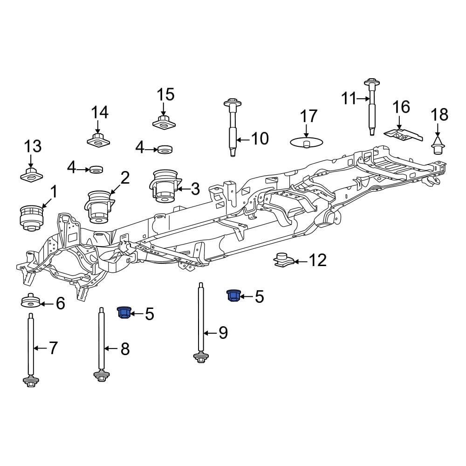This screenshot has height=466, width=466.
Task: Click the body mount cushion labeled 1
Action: pos(32,217)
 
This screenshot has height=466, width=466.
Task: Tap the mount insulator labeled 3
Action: pos(164,187)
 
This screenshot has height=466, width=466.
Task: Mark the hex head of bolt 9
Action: pos(201,358)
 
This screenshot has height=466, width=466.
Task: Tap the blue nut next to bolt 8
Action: pos(124,312)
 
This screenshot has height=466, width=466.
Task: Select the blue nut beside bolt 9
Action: pos(233,295)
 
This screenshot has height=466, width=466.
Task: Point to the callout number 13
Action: pos(33,146)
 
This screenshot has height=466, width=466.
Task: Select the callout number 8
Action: pos(125,349)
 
